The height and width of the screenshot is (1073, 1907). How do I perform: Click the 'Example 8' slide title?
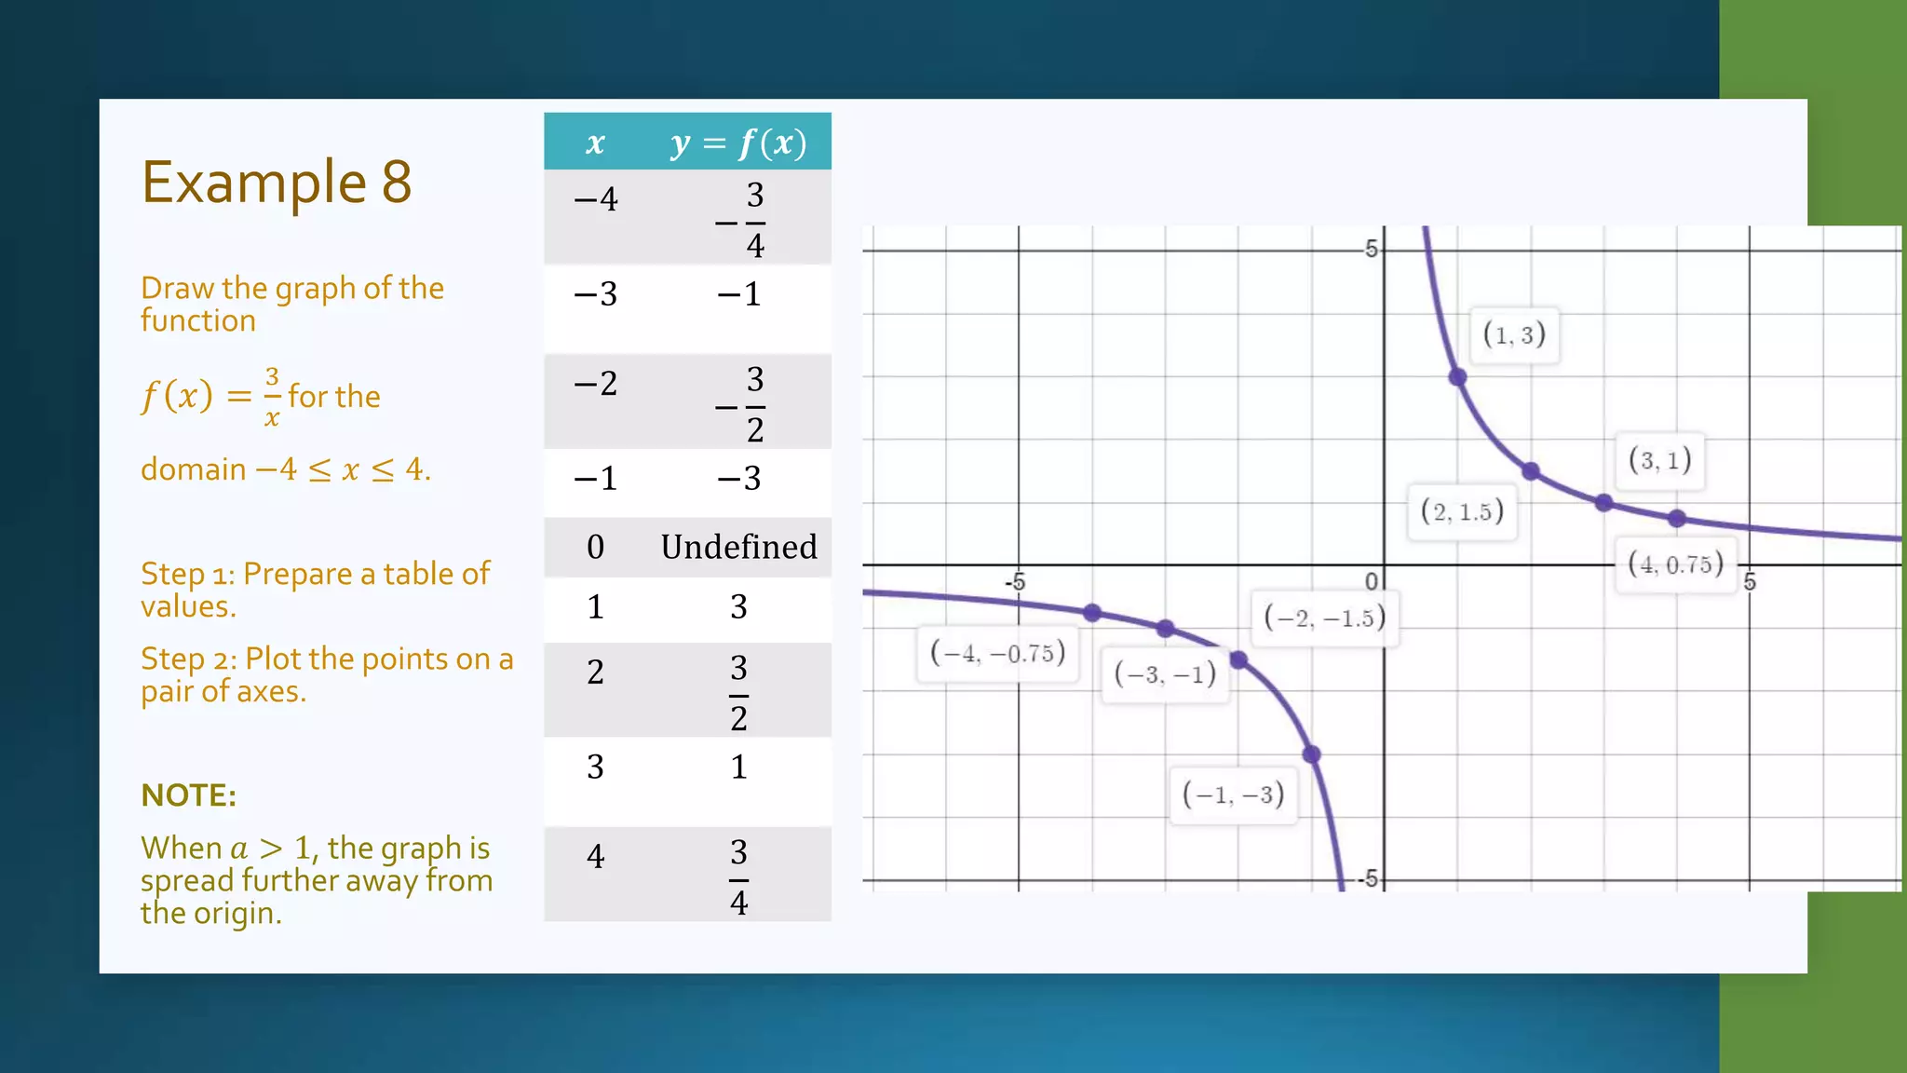pyautogui.click(x=277, y=182)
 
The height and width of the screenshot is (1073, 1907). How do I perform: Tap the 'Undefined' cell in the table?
pyautogui.click(x=738, y=547)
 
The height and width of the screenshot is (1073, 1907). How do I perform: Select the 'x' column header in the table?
pyautogui.click(x=595, y=143)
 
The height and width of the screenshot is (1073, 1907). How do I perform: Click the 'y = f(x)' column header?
pyautogui.click(x=738, y=143)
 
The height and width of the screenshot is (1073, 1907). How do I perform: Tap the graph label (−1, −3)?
pyautogui.click(x=1233, y=795)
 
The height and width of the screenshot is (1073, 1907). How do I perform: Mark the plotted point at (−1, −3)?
pyautogui.click(x=1311, y=754)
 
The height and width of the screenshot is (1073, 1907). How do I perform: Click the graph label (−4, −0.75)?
pyautogui.click(x=997, y=653)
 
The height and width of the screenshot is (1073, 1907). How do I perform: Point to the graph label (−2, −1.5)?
pyautogui.click(x=1324, y=618)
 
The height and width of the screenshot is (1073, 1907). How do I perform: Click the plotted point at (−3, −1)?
pyautogui.click(x=1165, y=629)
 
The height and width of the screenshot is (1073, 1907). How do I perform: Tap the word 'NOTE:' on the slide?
pyautogui.click(x=188, y=795)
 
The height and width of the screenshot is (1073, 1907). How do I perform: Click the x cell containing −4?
pyautogui.click(x=595, y=199)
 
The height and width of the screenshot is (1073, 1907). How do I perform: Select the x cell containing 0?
pyautogui.click(x=595, y=547)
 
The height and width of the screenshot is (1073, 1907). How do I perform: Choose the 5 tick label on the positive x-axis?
pyautogui.click(x=1750, y=582)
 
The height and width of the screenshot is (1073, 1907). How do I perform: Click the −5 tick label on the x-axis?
pyautogui.click(x=1015, y=582)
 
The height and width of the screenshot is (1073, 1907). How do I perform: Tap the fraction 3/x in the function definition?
pyautogui.click(x=272, y=397)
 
